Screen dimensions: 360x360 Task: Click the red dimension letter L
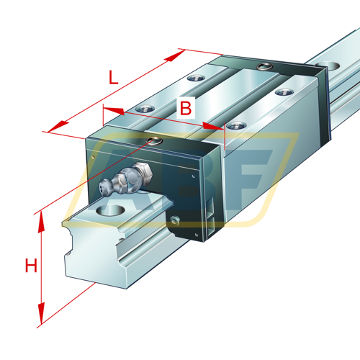(x=113, y=77)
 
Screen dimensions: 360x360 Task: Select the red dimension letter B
(x=186, y=108)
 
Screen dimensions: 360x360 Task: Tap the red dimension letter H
(x=30, y=266)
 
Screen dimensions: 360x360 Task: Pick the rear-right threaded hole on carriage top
(x=282, y=92)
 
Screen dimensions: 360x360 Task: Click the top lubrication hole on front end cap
(x=152, y=140)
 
